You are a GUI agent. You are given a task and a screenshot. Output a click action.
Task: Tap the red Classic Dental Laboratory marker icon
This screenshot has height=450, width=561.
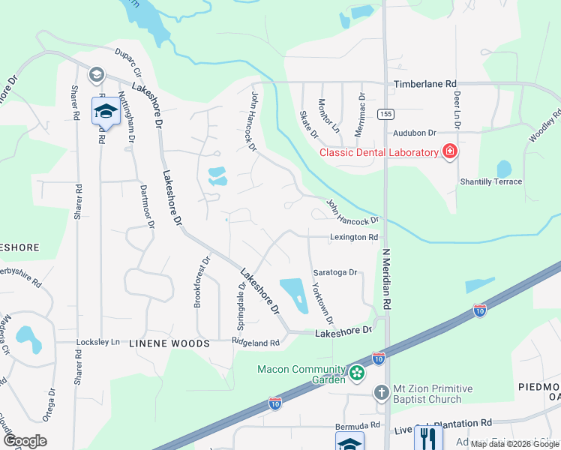pyautogui.click(x=449, y=152)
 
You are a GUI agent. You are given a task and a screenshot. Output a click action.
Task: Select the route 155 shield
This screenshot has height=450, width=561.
pyautogui.click(x=385, y=114)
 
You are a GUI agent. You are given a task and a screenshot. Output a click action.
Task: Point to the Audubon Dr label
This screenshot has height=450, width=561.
pyautogui.click(x=415, y=133)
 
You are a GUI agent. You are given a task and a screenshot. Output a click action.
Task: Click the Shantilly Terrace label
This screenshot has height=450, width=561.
pyautogui.click(x=490, y=181)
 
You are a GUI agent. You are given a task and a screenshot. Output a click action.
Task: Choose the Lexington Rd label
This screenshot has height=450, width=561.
pyautogui.click(x=353, y=237)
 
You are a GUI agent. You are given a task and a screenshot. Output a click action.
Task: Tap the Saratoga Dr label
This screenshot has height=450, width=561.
pyautogui.click(x=334, y=273)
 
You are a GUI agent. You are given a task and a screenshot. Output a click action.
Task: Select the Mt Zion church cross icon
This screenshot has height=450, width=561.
pyautogui.click(x=381, y=392)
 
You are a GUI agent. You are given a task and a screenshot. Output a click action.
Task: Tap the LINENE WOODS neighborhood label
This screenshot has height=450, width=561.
pyautogui.click(x=159, y=343)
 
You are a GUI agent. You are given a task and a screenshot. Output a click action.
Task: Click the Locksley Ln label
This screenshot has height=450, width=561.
pyautogui.click(x=98, y=342)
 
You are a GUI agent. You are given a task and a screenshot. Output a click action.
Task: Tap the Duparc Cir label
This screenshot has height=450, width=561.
pyautogui.click(x=128, y=62)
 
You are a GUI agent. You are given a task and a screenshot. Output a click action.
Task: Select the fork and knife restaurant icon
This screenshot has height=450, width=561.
pyautogui.click(x=428, y=436)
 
